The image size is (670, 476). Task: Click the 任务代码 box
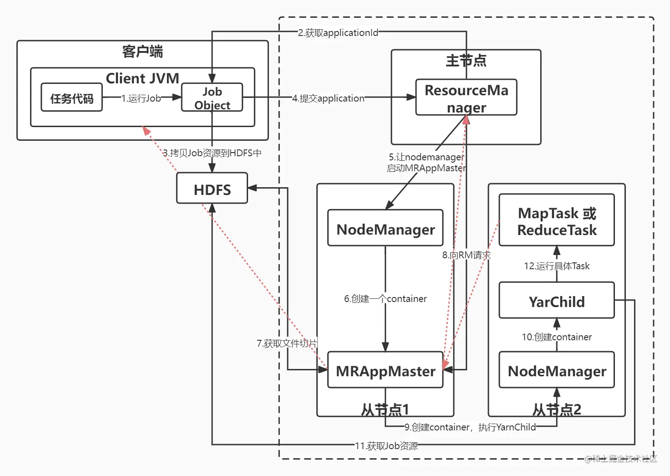tap(71, 97)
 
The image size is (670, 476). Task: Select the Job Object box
tap(212, 98)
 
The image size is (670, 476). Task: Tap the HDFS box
tap(212, 189)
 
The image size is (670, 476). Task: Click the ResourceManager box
tap(466, 98)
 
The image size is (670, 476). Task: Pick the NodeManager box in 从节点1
tap(386, 229)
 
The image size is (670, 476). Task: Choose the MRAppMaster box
tap(386, 371)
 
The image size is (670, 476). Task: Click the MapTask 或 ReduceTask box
tap(557, 221)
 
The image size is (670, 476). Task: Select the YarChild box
tap(557, 301)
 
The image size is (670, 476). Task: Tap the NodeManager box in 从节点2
tap(557, 371)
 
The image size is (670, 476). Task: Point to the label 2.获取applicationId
tap(338, 33)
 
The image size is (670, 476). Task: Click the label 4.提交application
tap(328, 98)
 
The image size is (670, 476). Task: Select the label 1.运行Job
tap(141, 98)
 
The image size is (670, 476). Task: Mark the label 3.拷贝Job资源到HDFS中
tap(213, 153)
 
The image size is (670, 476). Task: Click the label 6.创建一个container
tap(386, 298)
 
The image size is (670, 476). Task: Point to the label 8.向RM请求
tap(467, 255)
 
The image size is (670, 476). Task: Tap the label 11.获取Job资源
tap(386, 445)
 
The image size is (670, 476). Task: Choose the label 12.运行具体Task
tap(557, 266)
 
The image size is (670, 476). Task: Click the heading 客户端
tap(142, 51)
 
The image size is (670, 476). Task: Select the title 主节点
tap(466, 60)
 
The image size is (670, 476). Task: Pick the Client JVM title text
tap(142, 78)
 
